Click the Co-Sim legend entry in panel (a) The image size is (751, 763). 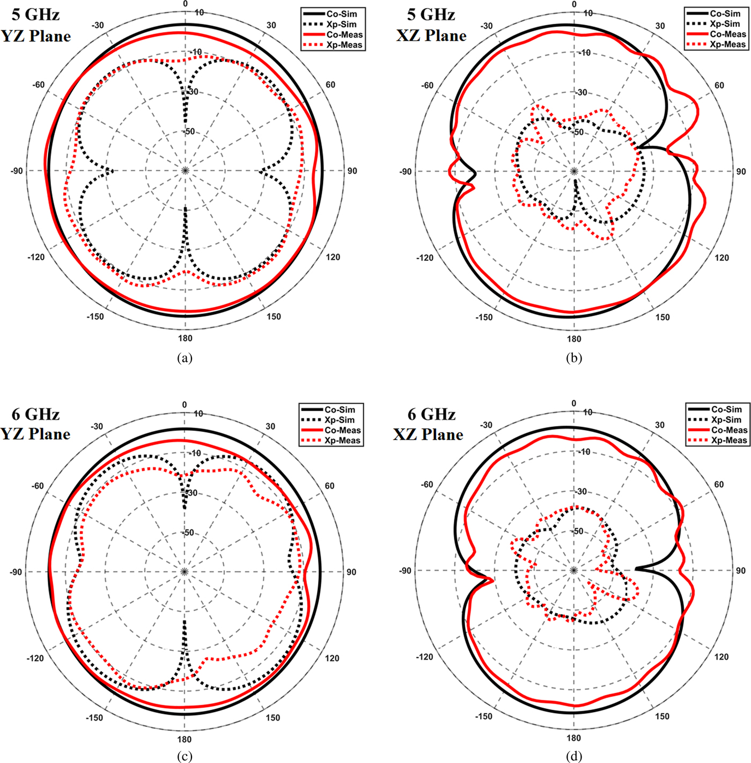click(333, 13)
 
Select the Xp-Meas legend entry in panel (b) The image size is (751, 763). click(716, 45)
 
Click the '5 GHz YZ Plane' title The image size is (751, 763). click(36, 26)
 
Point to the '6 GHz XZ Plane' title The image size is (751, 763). click(429, 424)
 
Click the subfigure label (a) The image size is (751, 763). click(185, 358)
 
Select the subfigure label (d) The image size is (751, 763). click(574, 756)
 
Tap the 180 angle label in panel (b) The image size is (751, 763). click(574, 339)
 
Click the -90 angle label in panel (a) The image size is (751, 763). click(17, 171)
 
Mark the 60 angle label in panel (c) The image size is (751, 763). click(329, 486)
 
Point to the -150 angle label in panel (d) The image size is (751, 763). click(484, 716)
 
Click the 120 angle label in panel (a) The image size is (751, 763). click(333, 257)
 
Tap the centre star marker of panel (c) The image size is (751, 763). click(185, 572)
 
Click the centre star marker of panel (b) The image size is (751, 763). click(574, 171)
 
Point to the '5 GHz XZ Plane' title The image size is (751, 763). click(432, 25)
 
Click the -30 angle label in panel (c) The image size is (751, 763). click(97, 426)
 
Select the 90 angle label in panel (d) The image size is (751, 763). click(740, 571)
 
